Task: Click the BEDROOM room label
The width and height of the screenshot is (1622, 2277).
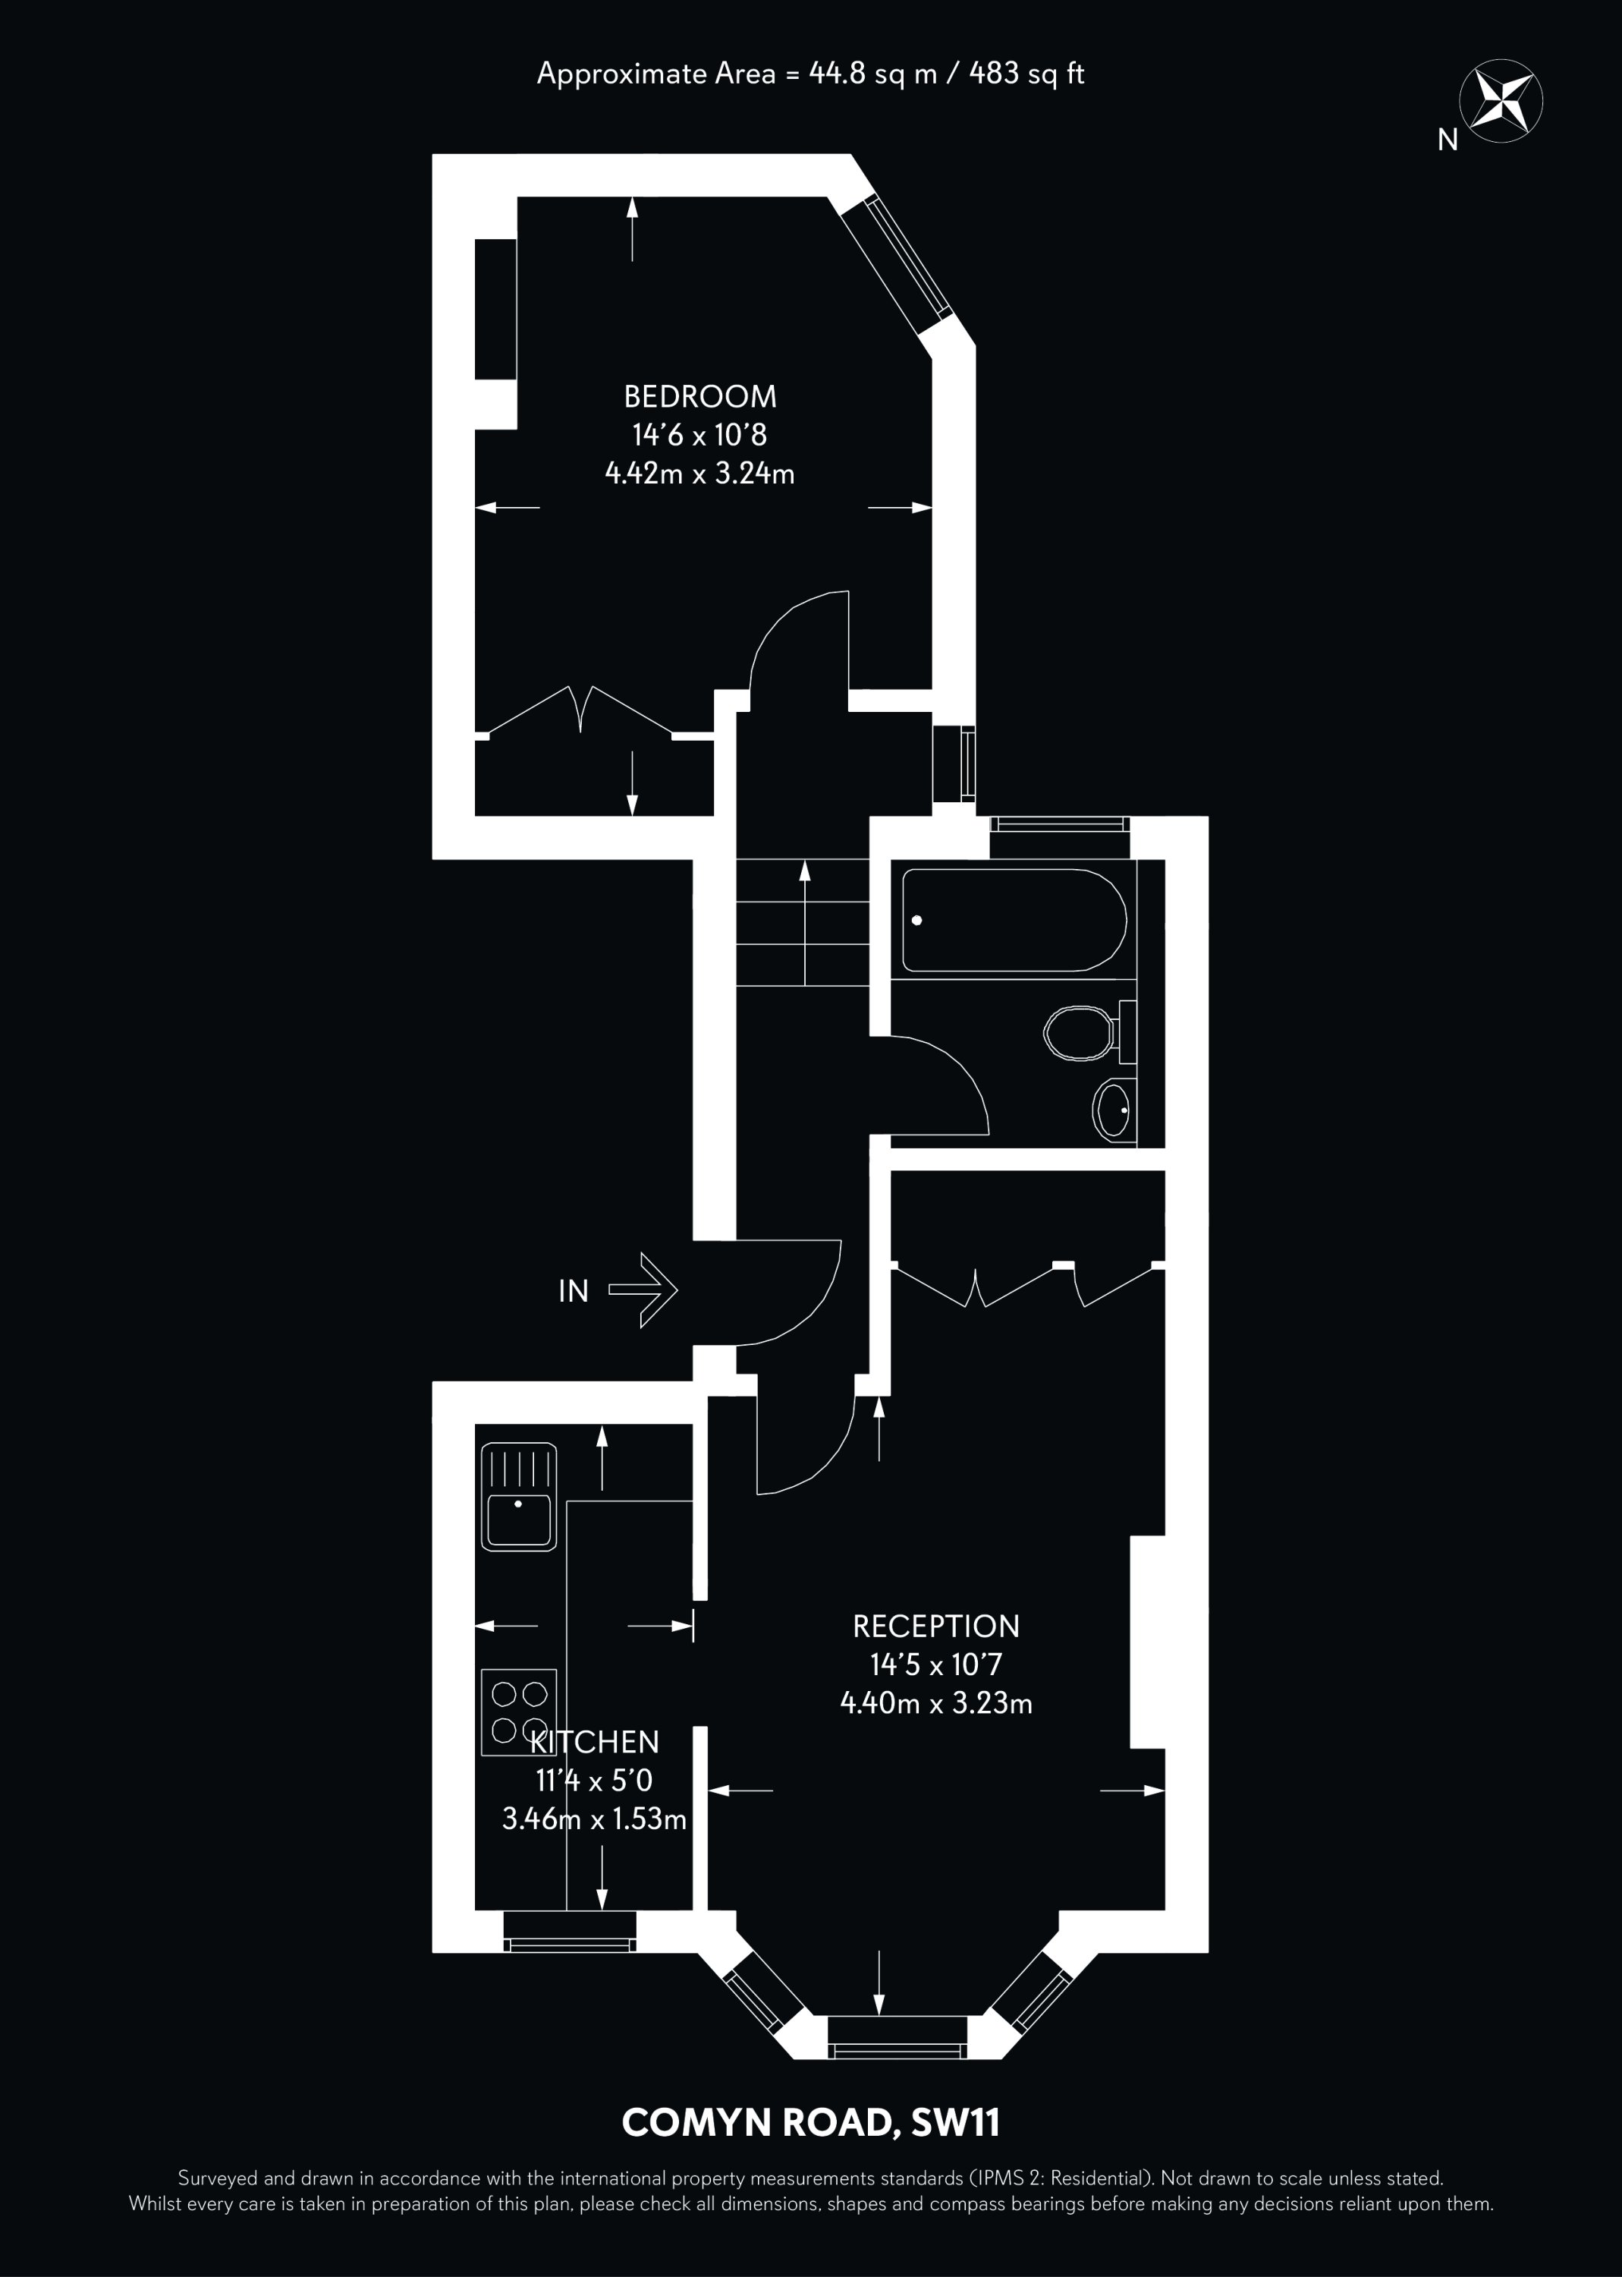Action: coord(699,397)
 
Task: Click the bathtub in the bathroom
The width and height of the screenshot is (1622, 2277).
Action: coord(1014,920)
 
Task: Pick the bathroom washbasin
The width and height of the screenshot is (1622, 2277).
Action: coord(1114,1109)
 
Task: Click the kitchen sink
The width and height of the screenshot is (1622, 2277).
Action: coord(518,1496)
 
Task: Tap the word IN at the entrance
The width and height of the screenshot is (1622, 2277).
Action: coord(574,1292)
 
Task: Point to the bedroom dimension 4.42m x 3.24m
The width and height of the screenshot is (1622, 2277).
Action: coord(699,473)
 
